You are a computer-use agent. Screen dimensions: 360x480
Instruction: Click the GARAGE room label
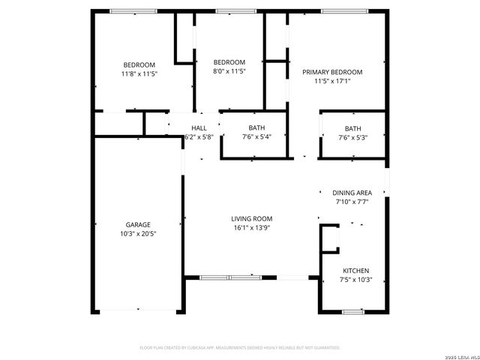[138, 225]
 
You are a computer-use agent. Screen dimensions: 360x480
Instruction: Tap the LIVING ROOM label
[251, 219]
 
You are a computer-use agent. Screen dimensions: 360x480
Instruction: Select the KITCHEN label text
[356, 271]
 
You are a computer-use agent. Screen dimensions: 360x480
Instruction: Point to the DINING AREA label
[352, 193]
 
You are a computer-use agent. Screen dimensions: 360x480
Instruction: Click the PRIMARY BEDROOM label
[332, 72]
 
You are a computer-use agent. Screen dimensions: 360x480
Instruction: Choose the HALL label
[199, 128]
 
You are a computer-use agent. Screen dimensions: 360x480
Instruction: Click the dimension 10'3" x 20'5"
[138, 234]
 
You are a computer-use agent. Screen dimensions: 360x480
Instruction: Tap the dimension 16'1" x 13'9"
[251, 228]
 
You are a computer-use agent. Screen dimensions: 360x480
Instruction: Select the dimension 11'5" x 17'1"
[332, 81]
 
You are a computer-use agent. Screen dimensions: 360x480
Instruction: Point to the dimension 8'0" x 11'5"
[229, 71]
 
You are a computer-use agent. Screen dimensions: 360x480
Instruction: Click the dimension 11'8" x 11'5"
[139, 73]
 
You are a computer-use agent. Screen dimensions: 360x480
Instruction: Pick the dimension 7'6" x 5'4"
[256, 137]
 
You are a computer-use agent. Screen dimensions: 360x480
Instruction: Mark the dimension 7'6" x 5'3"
[352, 137]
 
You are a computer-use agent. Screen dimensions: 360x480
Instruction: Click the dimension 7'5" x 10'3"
[356, 280]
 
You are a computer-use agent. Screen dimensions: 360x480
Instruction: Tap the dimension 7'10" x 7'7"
[352, 202]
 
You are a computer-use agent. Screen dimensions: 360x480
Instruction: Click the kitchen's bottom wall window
[353, 310]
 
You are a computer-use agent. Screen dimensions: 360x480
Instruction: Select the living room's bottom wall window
[229, 277]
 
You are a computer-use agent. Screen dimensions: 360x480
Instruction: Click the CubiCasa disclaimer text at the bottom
[240, 348]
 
